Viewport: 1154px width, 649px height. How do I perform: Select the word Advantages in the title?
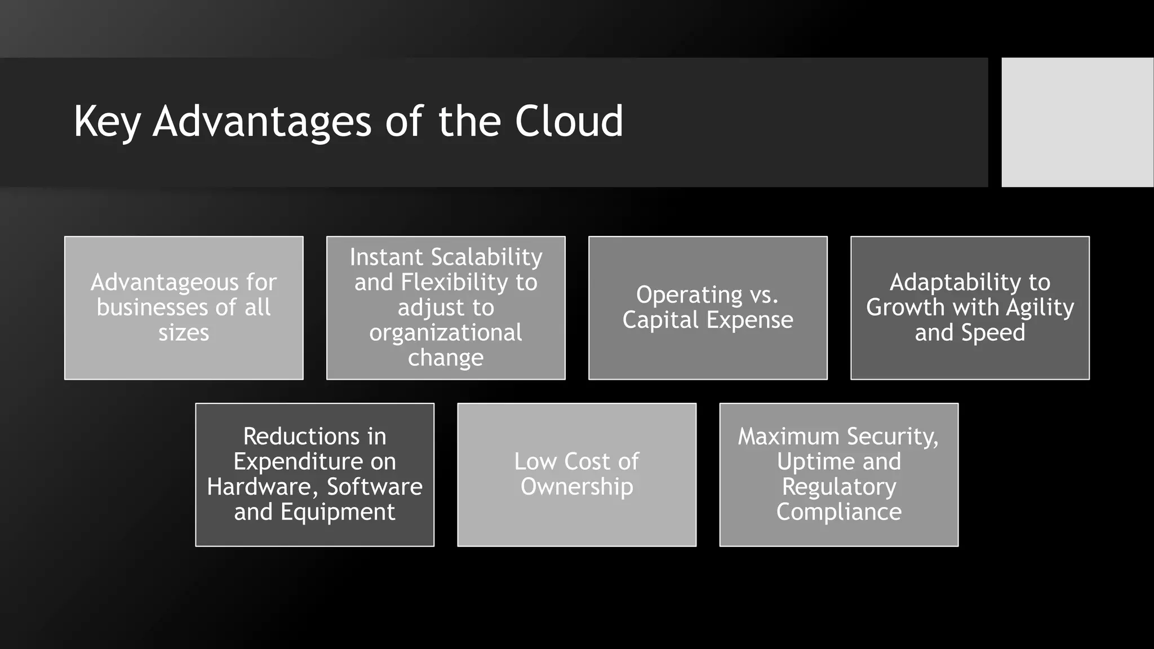tap(262, 122)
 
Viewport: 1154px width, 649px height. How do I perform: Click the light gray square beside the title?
tap(1077, 122)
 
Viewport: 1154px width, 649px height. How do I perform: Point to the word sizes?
tap(184, 333)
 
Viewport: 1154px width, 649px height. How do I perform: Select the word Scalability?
tap(486, 257)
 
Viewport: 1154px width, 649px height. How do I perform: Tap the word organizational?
tap(446, 333)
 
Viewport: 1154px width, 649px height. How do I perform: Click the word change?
tap(446, 358)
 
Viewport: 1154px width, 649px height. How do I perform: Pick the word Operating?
tap(689, 295)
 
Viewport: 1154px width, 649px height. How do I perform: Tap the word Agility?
tap(1040, 308)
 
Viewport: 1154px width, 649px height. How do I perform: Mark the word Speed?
tap(993, 333)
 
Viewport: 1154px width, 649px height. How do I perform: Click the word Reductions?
tap(301, 437)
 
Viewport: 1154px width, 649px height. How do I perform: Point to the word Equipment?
tap(338, 512)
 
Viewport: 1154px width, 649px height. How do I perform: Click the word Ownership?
tap(576, 487)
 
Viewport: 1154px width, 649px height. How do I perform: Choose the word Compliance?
tap(838, 512)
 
